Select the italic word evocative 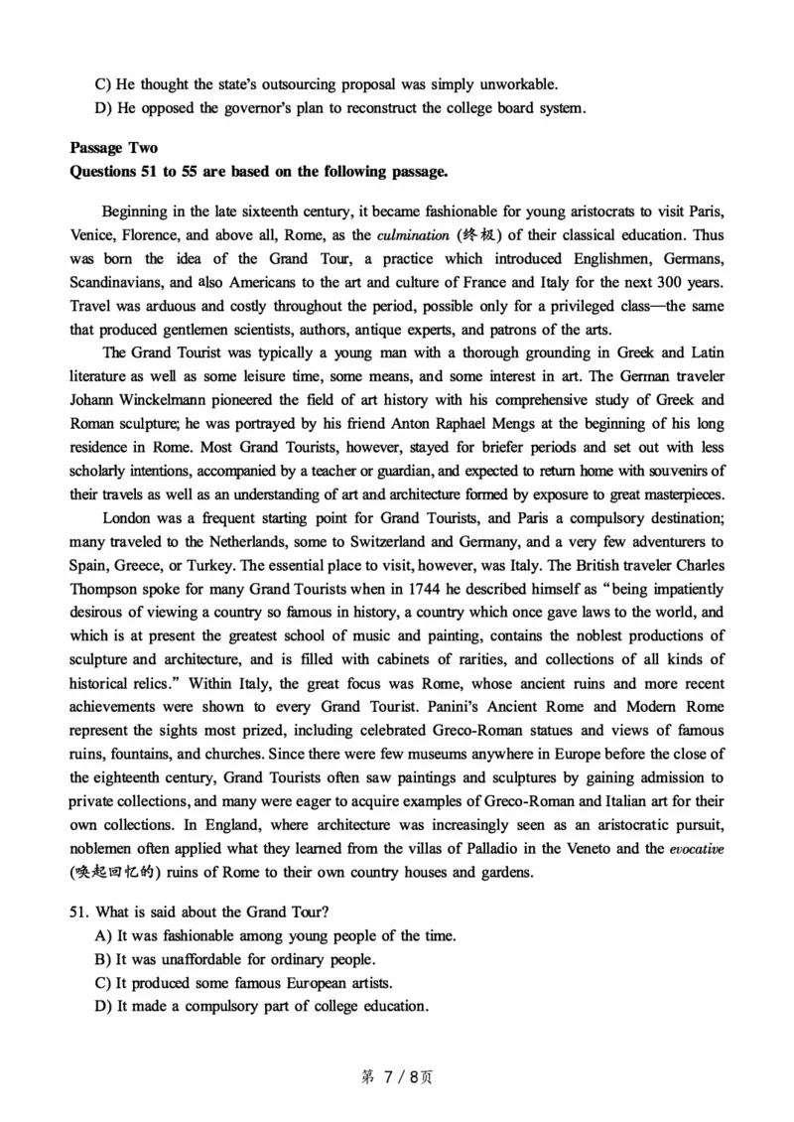[x=696, y=849]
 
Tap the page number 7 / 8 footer [x=396, y=1076]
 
